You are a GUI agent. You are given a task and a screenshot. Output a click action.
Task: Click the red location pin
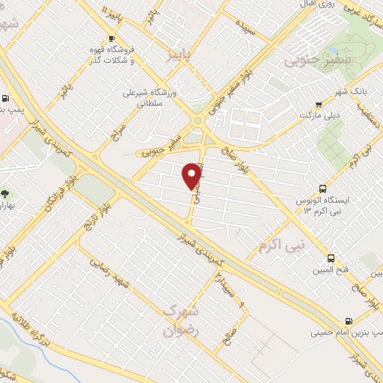[x=193, y=175]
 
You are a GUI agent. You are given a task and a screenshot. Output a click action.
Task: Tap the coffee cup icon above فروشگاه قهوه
[x=112, y=38]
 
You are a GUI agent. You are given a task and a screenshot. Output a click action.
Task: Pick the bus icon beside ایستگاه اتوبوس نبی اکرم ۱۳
[x=322, y=189]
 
